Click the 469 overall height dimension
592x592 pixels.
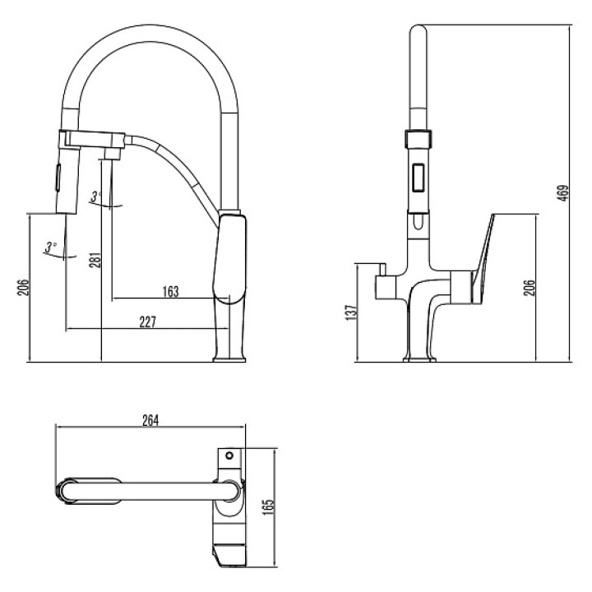563,193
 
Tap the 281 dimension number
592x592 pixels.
95,260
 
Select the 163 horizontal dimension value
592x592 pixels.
171,292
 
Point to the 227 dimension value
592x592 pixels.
148,322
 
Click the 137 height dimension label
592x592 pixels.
351,313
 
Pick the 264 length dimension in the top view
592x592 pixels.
150,421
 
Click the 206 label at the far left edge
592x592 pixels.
23,288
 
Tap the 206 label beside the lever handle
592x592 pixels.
530,288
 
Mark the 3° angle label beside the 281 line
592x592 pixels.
96,197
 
